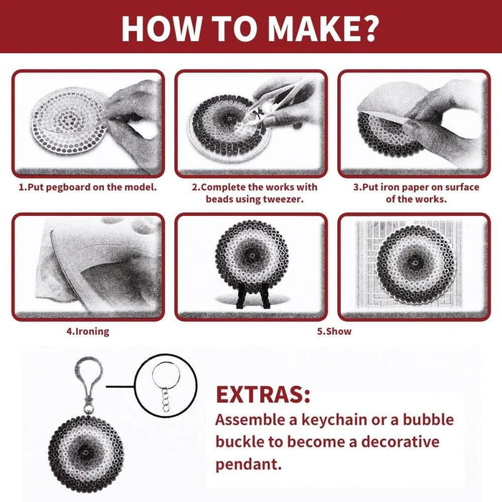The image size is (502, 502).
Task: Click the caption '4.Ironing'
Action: [87, 332]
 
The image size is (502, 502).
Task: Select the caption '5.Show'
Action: [334, 332]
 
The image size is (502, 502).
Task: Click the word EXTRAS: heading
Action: [263, 394]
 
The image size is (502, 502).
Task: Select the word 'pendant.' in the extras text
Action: [248, 464]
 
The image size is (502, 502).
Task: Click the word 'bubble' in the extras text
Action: [424, 420]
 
